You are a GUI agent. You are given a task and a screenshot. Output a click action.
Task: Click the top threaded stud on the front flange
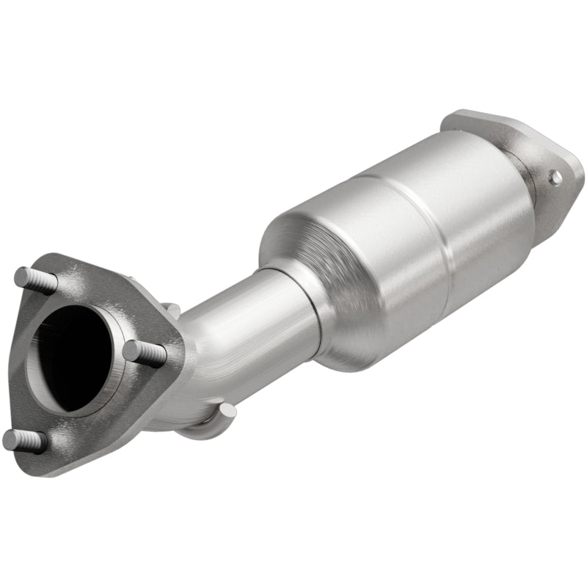(31, 278)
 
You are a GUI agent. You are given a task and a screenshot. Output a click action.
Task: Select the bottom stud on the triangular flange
(22, 440)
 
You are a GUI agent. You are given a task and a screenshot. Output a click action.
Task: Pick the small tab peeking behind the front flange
(170, 310)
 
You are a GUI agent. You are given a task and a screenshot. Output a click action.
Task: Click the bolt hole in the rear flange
(555, 176)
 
